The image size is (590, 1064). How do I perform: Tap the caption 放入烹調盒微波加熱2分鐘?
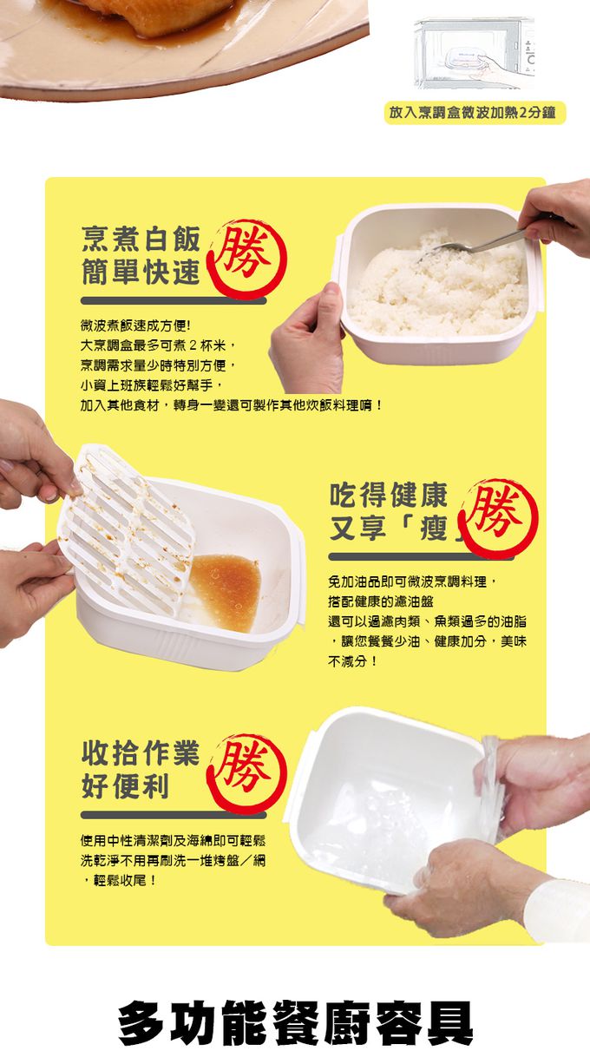(x=475, y=113)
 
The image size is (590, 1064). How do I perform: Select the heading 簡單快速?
(x=140, y=273)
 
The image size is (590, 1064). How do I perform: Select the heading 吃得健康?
(x=389, y=496)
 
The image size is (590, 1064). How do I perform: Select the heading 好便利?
(x=125, y=787)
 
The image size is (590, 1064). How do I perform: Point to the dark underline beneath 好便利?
(x=174, y=815)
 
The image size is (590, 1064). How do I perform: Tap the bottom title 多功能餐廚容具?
(x=296, y=1023)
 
